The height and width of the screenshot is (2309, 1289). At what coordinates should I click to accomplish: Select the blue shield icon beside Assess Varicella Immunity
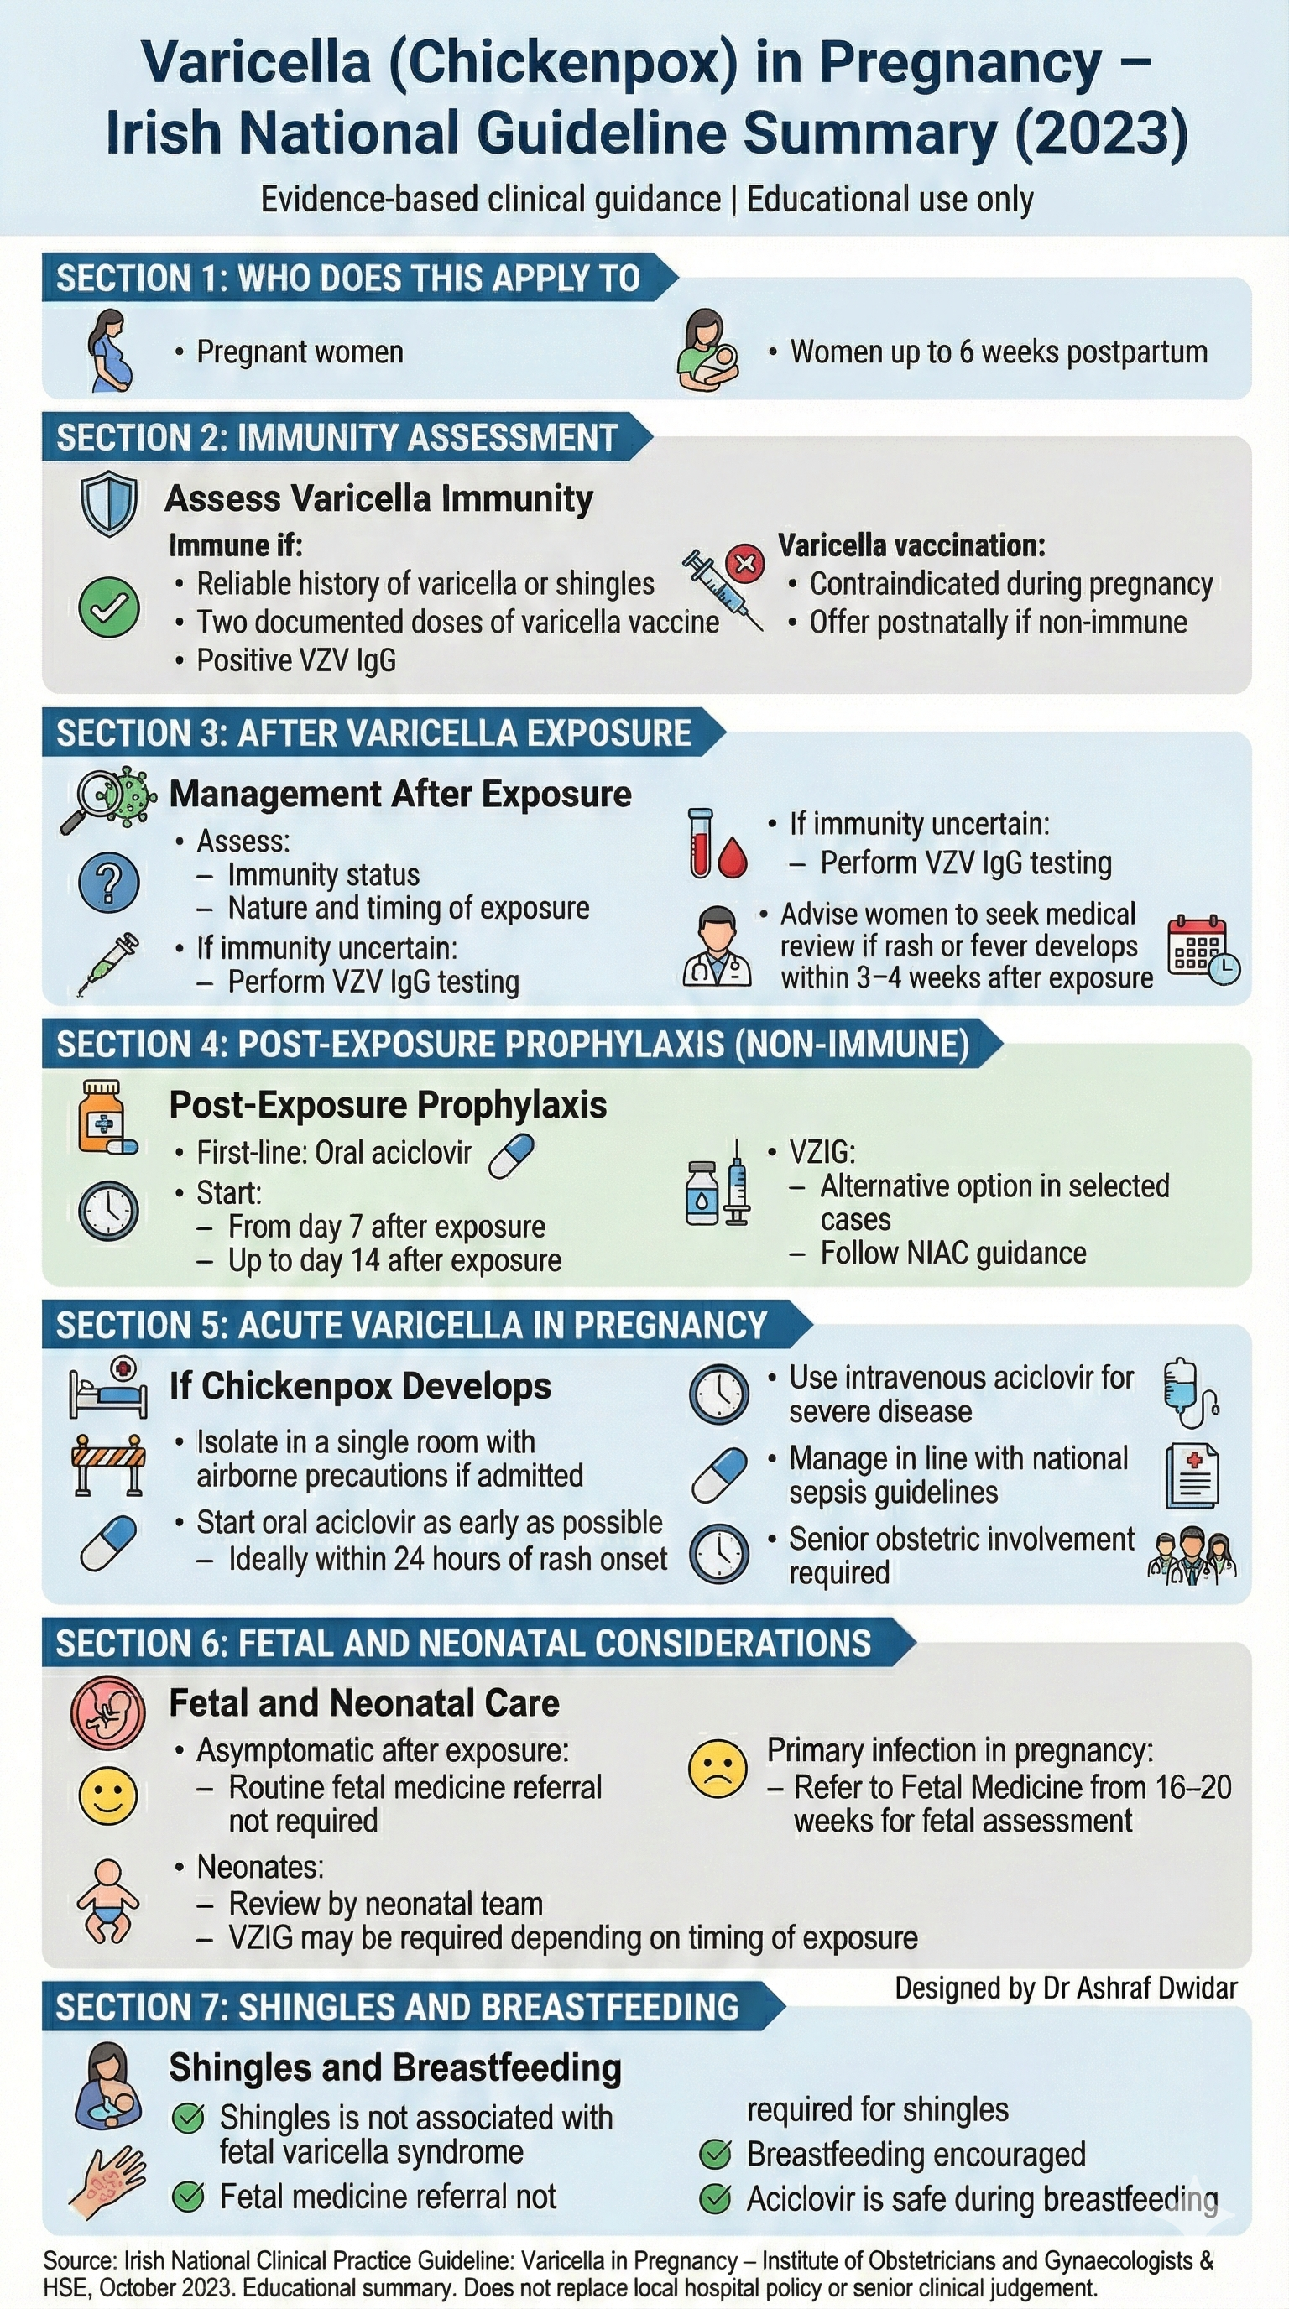point(108,503)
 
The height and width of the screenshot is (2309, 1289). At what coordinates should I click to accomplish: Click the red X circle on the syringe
point(745,564)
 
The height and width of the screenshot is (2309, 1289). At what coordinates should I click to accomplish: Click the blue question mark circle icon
point(108,883)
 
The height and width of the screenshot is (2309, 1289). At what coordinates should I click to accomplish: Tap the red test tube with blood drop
point(715,843)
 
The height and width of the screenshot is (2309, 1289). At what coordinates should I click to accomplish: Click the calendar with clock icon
point(1202,949)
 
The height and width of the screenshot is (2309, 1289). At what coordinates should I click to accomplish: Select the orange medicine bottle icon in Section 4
point(105,1117)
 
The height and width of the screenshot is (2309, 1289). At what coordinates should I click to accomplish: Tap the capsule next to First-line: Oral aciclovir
point(511,1154)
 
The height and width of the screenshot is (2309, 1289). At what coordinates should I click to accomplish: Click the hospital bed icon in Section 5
point(108,1388)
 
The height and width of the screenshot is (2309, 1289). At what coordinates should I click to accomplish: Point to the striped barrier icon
point(108,1466)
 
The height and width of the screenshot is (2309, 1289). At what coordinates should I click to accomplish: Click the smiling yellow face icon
point(108,1796)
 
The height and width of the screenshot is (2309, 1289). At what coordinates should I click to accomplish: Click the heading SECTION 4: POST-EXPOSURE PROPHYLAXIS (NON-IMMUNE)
point(513,1045)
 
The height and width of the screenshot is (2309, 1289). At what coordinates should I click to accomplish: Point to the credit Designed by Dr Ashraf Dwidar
point(1065,1988)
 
